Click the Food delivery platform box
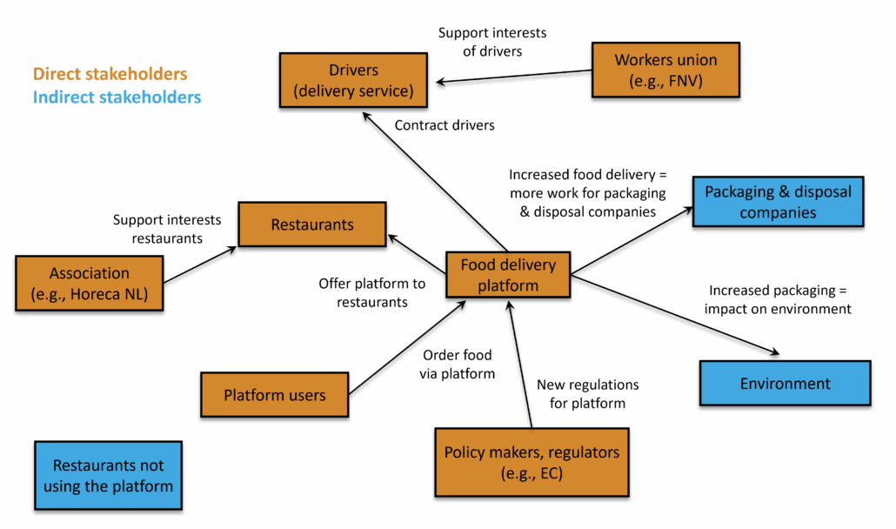tap(508, 275)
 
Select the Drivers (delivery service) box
tap(353, 80)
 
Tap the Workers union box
tap(665, 70)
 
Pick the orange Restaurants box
tap(312, 224)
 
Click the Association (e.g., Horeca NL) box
tap(89, 284)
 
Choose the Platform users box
tap(274, 395)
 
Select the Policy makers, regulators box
tap(532, 462)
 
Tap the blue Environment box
tap(786, 384)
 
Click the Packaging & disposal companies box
tap(778, 202)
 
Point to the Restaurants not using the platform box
tap(108, 475)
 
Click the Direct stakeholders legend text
tap(110, 74)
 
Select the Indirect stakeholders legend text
tap(117, 97)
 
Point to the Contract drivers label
tap(445, 125)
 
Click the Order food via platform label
tap(458, 365)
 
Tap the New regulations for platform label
tap(587, 393)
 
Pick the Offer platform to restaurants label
tap(372, 292)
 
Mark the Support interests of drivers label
tap(492, 42)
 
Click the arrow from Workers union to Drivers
tap(514, 77)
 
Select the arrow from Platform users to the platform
tap(407, 347)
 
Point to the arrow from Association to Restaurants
tap(200, 264)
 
